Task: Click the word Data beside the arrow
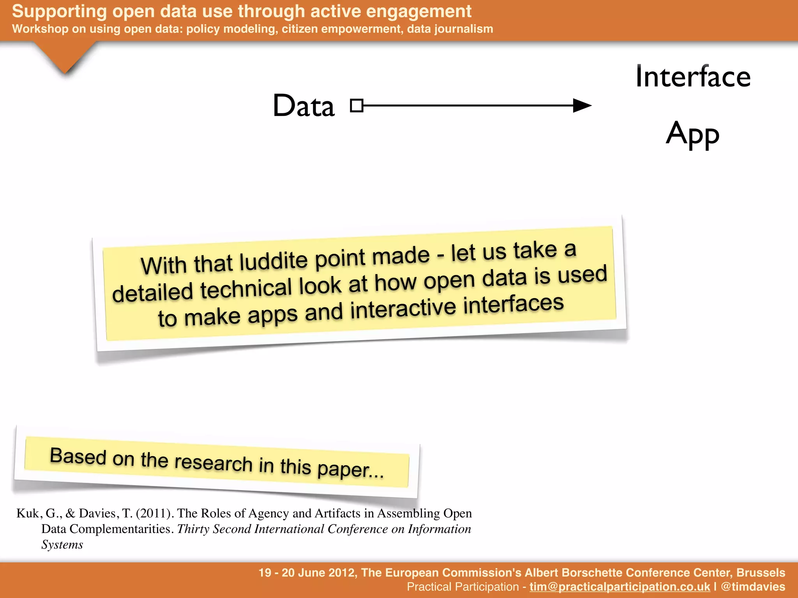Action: pos(304,106)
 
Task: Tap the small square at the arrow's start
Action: pos(357,106)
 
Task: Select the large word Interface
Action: pos(692,77)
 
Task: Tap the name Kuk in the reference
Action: pos(28,514)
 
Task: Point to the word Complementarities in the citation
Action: pos(121,529)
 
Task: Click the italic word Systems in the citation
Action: pos(62,545)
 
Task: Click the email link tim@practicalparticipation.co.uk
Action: pos(620,587)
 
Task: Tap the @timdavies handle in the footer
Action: pos(753,587)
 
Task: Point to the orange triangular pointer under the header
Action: pos(65,56)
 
